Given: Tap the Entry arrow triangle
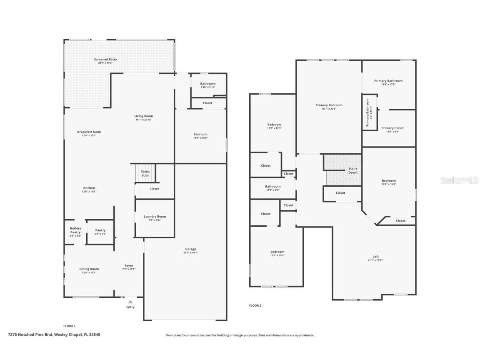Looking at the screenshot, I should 130,302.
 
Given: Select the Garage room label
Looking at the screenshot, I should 190,249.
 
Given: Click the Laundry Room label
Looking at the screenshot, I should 155,216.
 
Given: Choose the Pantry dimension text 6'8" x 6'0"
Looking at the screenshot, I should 100,234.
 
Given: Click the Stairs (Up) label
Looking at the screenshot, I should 145,173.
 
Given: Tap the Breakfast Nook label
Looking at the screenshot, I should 89,132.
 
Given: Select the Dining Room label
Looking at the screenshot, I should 89,269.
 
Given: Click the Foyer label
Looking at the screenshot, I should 129,265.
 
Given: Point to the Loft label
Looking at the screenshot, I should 376,256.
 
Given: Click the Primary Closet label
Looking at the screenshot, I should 392,128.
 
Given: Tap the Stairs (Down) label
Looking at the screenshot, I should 353,170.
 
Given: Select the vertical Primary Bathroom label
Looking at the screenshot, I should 368,112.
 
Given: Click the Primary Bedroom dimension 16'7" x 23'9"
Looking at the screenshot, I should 329,109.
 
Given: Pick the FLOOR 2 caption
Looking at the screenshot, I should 255,305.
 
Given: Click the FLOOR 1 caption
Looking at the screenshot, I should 69,326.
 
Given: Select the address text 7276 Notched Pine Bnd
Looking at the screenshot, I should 30,334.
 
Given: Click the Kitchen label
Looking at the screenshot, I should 89,188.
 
